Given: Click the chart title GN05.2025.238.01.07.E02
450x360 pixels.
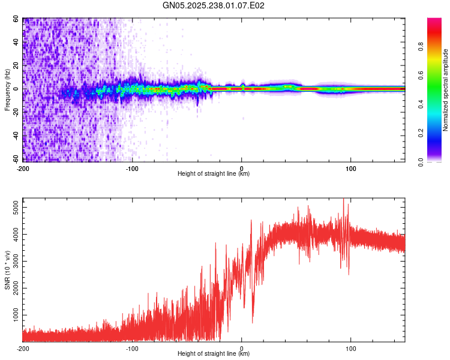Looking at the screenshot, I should pos(214,5).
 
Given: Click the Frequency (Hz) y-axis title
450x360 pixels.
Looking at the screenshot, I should pos(7,90).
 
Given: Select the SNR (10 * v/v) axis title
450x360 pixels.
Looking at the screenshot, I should pos(7,270).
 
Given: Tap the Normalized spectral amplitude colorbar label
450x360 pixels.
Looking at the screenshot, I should pos(445,90).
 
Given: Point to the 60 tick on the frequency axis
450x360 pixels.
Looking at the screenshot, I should pos(17,19).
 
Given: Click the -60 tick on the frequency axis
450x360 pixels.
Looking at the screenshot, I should pos(16,159).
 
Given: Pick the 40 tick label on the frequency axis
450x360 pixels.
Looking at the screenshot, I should pos(17,43).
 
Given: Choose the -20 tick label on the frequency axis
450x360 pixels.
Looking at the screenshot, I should pos(16,112).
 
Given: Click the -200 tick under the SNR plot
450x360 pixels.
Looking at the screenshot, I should pos(23,348).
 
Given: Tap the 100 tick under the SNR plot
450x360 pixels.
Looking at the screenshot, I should pos(351,348).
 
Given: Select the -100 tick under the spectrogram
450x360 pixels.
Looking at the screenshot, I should pos(132,168).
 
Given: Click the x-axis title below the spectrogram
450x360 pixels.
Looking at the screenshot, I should pos(214,174).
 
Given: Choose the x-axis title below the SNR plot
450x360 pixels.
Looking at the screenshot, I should pos(214,354).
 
